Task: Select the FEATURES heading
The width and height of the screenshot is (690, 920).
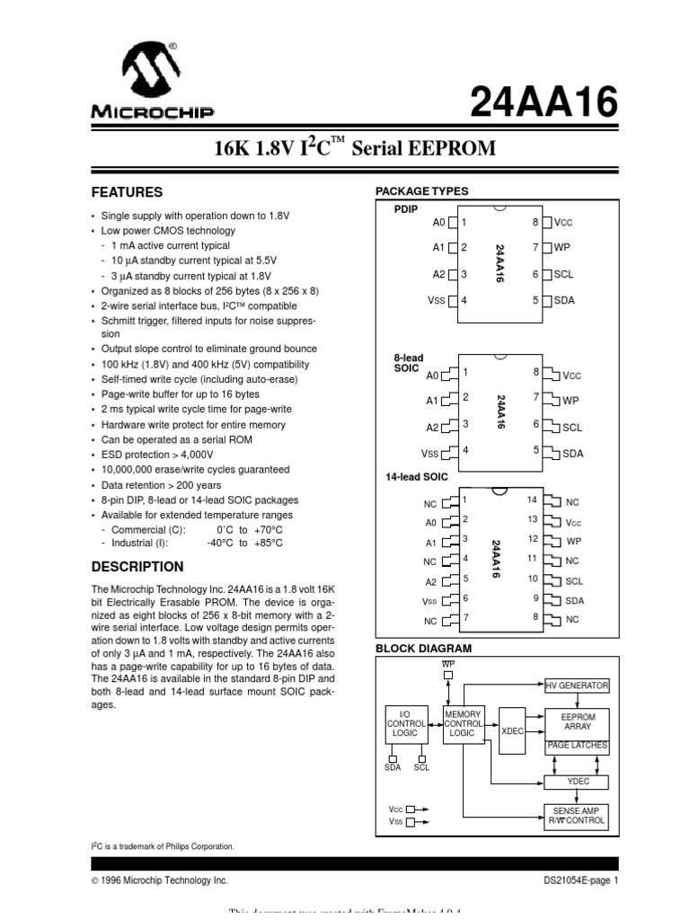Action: pyautogui.click(x=128, y=192)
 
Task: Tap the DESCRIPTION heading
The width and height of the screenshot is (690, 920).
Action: pyautogui.click(x=137, y=567)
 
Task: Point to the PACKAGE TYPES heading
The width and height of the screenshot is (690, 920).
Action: pyautogui.click(x=421, y=191)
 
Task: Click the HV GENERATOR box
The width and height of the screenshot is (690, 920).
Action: pyautogui.click(x=577, y=686)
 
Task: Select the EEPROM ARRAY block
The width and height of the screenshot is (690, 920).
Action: pyautogui.click(x=577, y=721)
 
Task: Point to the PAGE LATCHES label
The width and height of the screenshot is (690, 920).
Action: pyautogui.click(x=577, y=747)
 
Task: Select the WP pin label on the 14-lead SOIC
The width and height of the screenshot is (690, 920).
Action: pyautogui.click(x=574, y=542)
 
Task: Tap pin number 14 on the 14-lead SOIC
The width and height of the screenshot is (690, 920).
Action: pyautogui.click(x=532, y=500)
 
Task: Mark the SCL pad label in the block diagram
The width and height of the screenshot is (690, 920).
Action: pyautogui.click(x=421, y=767)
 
